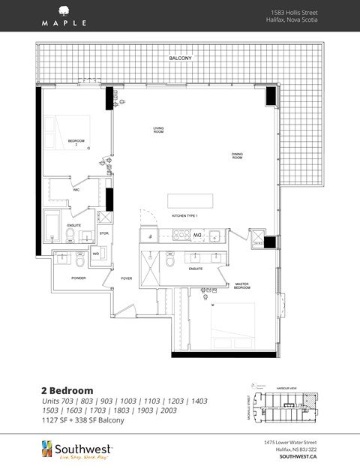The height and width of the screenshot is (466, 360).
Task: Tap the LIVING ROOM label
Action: point(158,131)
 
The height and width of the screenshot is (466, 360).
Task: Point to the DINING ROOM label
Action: point(237,156)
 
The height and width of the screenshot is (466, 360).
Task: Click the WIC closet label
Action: point(76,190)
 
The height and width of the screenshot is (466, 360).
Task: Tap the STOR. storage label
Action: point(103,233)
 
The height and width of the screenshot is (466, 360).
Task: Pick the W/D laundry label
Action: point(96,254)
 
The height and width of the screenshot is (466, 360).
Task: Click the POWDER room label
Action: point(78,277)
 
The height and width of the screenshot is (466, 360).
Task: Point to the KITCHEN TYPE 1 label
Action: point(184,215)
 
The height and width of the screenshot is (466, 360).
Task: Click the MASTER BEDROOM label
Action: point(241,286)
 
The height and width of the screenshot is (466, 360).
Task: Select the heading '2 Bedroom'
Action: point(67,390)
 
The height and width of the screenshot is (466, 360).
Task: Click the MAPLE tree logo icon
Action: point(64,11)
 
